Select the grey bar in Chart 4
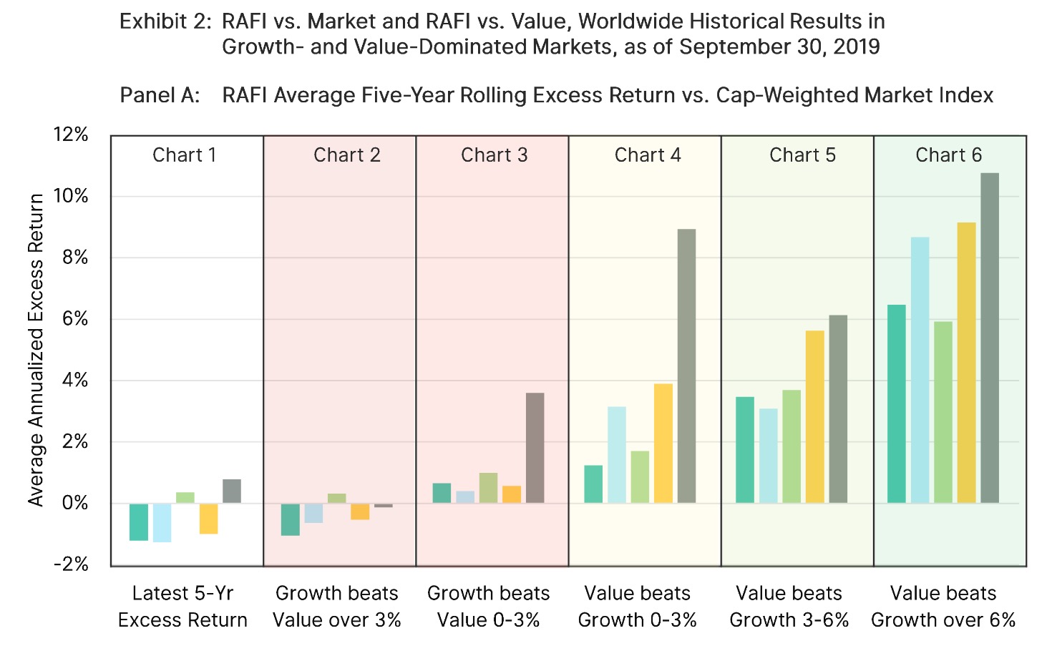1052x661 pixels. (x=686, y=366)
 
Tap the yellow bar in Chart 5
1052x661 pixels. (x=814, y=416)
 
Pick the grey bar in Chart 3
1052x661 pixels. (x=535, y=448)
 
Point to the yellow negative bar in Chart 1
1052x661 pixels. (x=208, y=519)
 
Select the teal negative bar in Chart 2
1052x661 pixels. (x=290, y=519)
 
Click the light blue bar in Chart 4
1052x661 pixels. (x=617, y=454)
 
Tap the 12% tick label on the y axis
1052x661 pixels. (x=71, y=134)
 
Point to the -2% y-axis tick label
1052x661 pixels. (x=71, y=564)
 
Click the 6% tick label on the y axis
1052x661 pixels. (x=75, y=319)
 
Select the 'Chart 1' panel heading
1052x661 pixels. (x=184, y=155)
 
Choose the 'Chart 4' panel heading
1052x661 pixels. (x=648, y=155)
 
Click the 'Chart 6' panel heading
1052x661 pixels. (x=948, y=155)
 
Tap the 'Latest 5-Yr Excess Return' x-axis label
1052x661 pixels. (x=182, y=606)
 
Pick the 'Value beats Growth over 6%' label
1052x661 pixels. (x=943, y=606)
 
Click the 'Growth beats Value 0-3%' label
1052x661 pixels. (x=488, y=606)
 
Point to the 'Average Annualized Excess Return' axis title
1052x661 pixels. (x=36, y=351)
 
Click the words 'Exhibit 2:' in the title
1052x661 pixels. (x=165, y=22)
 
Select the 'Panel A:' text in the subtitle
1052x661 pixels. (x=160, y=95)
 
